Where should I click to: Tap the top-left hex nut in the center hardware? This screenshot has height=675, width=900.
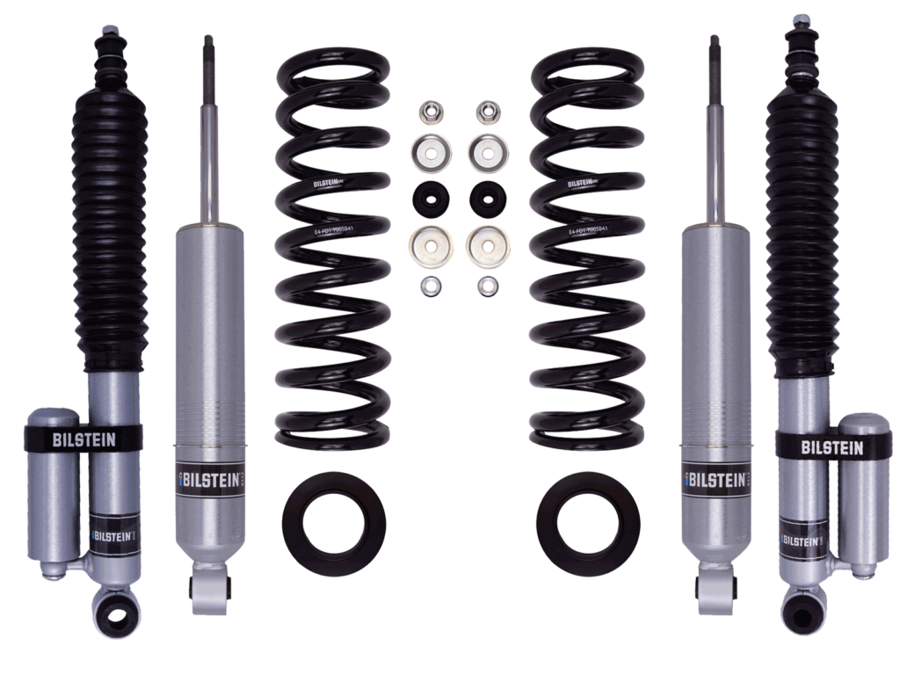click(431, 112)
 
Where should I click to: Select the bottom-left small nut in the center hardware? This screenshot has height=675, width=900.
click(431, 285)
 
